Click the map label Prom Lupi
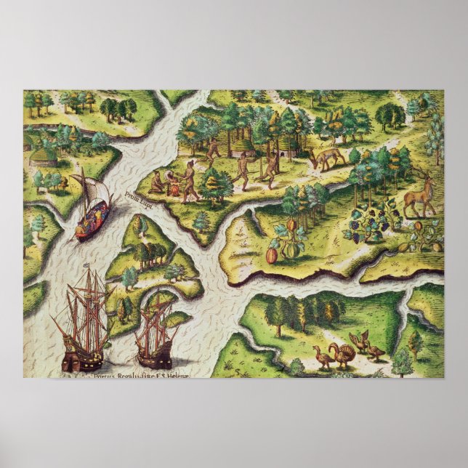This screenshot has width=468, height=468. (x=136, y=196)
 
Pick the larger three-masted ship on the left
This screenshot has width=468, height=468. (x=84, y=323)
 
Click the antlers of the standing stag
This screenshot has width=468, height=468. (x=419, y=173)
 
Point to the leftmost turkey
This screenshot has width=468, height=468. (x=321, y=356)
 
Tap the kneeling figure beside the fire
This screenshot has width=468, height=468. (x=157, y=185)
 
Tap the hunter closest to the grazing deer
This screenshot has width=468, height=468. (x=272, y=169)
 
